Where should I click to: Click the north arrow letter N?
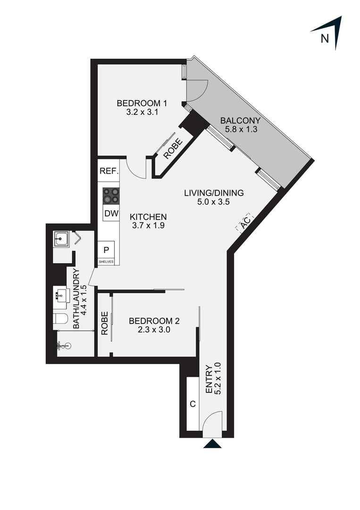tap(325, 39)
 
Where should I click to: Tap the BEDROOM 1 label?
tap(142, 103)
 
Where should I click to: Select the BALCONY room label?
tap(241, 121)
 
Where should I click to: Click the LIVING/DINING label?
tap(214, 193)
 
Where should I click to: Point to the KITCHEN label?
tap(148, 217)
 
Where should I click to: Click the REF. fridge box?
tap(109, 171)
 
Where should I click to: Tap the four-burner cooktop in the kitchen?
tap(111, 196)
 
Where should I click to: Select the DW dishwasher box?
tap(111, 213)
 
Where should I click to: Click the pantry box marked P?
tap(106, 250)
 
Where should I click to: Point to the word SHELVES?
tap(106, 262)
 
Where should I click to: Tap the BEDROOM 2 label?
tap(154, 321)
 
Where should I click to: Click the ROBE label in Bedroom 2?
tap(105, 323)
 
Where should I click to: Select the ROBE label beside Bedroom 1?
tap(173, 149)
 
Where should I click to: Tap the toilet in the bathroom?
tap(61, 318)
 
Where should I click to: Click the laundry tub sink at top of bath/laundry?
tap(61, 239)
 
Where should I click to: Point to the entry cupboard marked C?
tap(193, 404)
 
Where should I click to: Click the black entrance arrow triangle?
tap(212, 443)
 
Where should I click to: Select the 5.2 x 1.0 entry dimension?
tap(218, 379)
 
